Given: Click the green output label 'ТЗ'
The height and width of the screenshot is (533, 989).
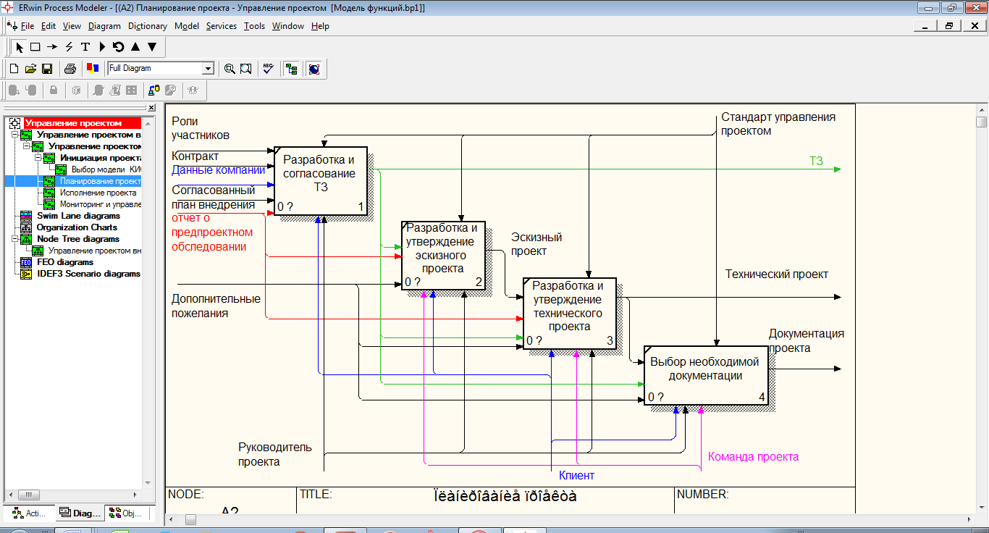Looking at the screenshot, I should [x=816, y=161].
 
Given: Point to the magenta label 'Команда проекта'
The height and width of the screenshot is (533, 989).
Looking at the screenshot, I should [x=753, y=457].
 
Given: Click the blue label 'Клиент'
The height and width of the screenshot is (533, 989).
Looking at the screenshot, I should [x=576, y=476].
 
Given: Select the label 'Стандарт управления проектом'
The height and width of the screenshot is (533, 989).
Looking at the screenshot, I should [x=778, y=124].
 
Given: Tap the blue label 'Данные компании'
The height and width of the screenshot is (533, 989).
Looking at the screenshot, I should [x=218, y=170].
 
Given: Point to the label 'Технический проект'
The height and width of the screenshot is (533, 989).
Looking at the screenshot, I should [x=777, y=274].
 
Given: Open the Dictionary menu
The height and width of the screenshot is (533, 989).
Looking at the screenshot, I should [x=148, y=26].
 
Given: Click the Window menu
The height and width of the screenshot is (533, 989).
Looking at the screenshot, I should [x=288, y=26].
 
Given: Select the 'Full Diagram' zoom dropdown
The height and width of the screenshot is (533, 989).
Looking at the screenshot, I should [x=161, y=68].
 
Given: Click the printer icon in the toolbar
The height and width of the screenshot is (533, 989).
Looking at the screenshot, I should [x=70, y=69].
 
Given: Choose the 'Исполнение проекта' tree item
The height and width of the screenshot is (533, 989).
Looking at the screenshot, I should [x=98, y=193].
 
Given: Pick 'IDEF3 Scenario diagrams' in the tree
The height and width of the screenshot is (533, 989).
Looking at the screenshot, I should [x=88, y=274].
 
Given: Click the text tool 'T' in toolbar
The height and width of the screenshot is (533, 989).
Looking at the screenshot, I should [x=85, y=47].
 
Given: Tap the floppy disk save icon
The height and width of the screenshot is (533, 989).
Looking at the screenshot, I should [x=47, y=69].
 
